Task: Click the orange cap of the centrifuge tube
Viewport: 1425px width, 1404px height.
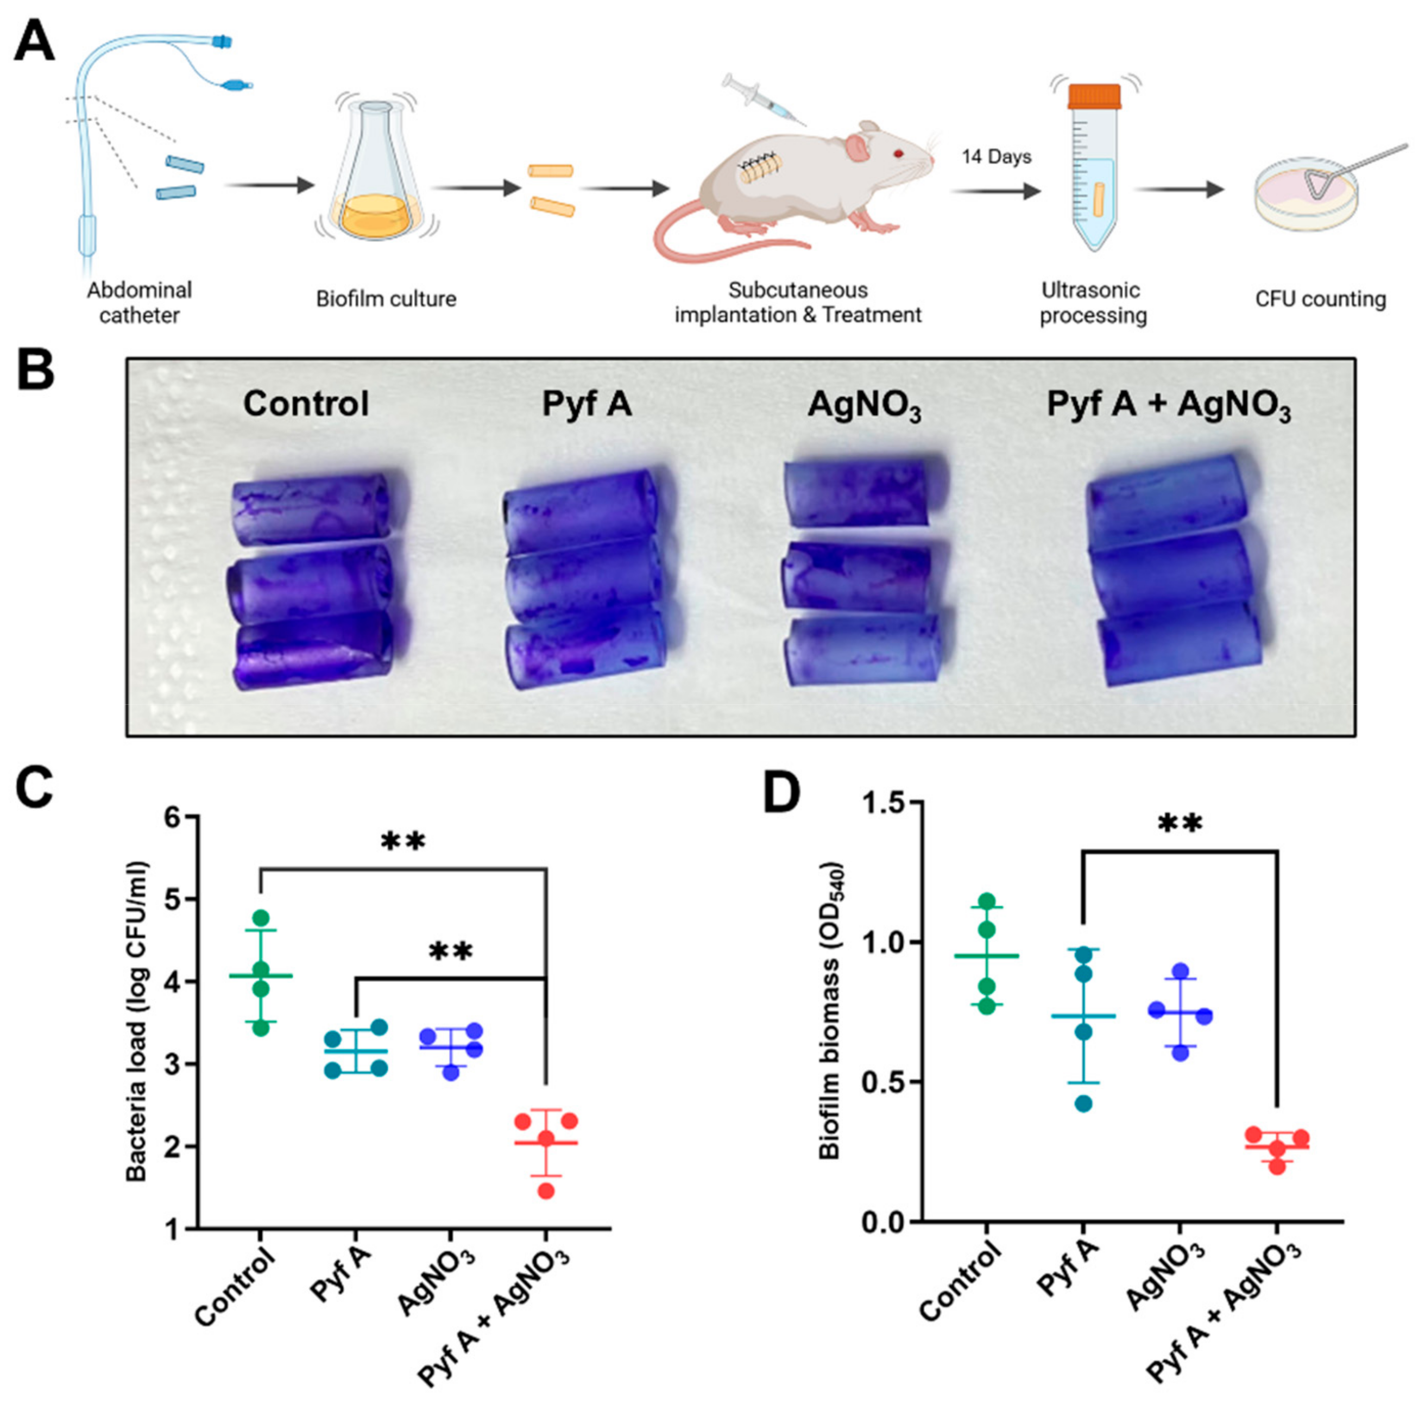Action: (x=1094, y=97)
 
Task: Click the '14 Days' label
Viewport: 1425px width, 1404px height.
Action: (x=996, y=157)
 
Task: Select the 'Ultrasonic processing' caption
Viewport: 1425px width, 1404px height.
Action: (x=1093, y=302)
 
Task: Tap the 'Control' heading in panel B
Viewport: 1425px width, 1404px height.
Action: (x=306, y=404)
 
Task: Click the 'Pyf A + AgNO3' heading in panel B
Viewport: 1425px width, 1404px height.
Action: (x=1169, y=405)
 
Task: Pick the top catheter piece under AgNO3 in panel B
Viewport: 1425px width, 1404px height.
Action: (x=856, y=494)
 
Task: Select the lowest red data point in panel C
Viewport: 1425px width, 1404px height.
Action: (x=546, y=1190)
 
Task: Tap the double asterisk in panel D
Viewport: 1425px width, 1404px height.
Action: (x=1180, y=824)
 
